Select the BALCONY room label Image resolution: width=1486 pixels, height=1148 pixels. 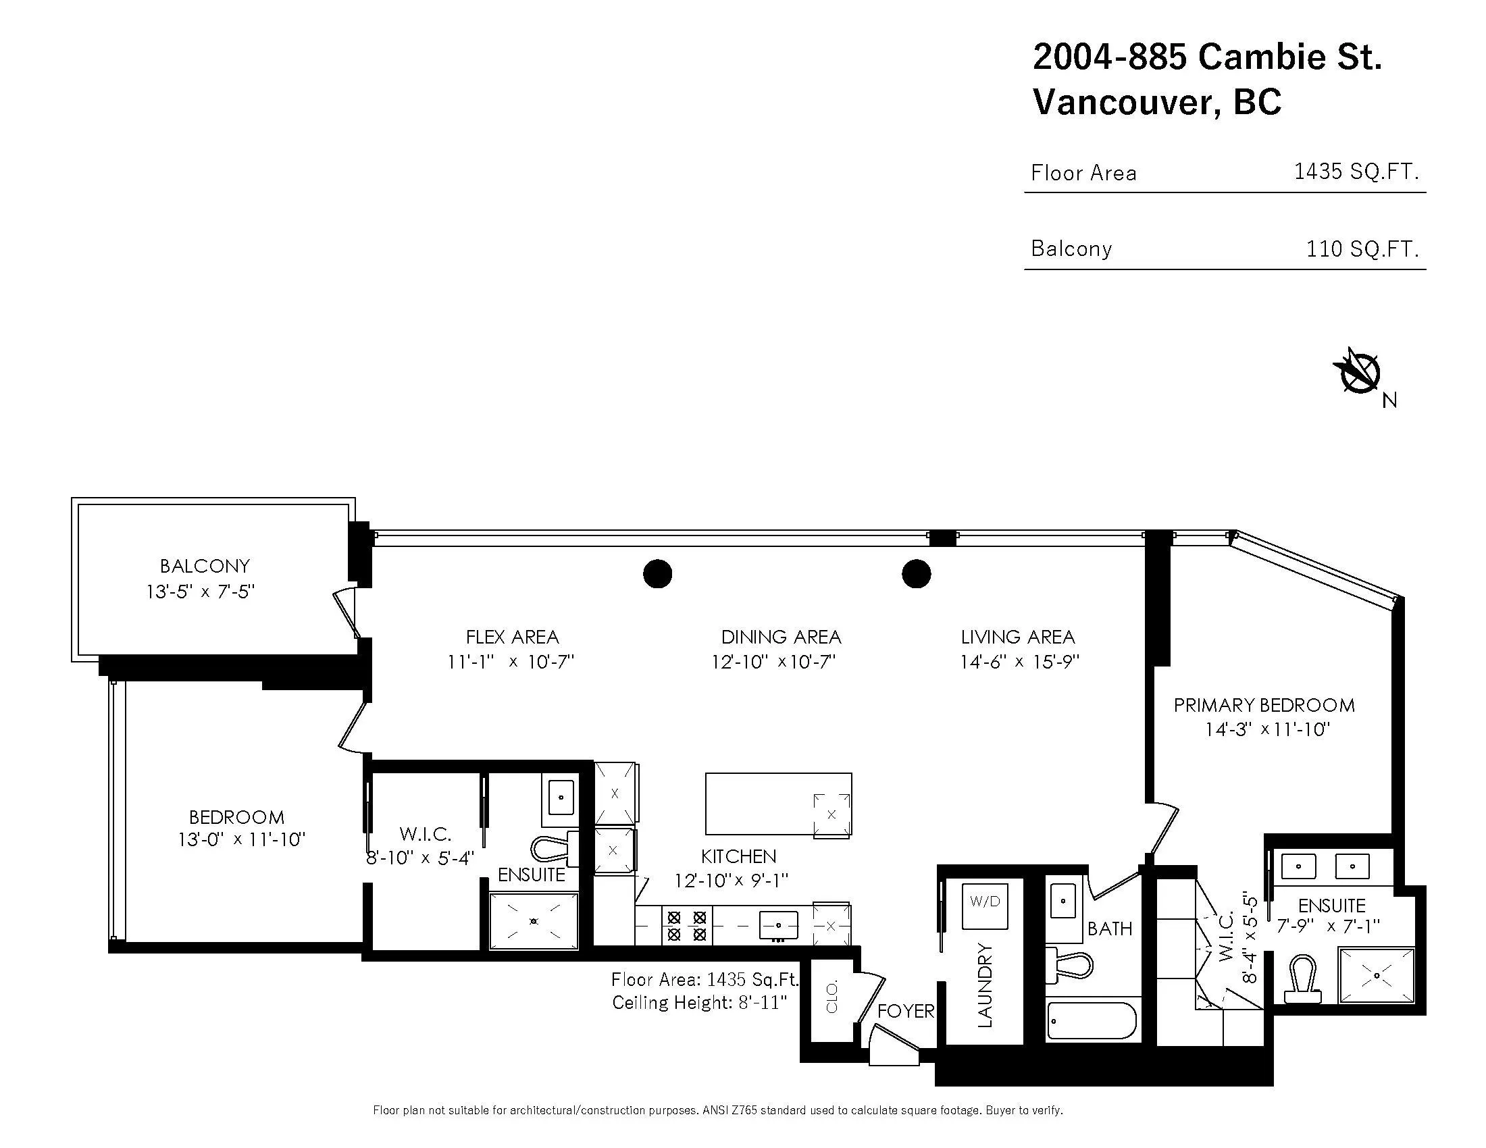pyautogui.click(x=204, y=566)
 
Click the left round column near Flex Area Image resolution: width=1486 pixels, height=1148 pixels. pyautogui.click(x=657, y=573)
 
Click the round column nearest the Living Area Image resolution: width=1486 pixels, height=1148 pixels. pyautogui.click(x=916, y=573)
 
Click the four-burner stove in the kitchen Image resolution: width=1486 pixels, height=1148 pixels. pyautogui.click(x=686, y=926)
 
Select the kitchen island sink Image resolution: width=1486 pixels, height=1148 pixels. pyautogui.click(x=831, y=815)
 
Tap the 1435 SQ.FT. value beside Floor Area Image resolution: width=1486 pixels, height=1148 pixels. pyautogui.click(x=1356, y=172)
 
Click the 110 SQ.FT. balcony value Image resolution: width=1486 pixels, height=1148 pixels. pyautogui.click(x=1362, y=249)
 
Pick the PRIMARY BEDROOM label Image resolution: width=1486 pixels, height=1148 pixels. pyautogui.click(x=1264, y=705)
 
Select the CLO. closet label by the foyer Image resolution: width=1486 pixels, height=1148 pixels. pyautogui.click(x=831, y=997)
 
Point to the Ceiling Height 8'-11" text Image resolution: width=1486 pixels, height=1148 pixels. pyautogui.click(x=699, y=1002)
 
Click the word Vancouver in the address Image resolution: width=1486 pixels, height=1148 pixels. pyautogui.click(x=1122, y=102)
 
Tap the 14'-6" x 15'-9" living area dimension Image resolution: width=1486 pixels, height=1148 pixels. pyautogui.click(x=1019, y=661)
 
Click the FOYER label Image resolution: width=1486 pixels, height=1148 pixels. pyautogui.click(x=905, y=1012)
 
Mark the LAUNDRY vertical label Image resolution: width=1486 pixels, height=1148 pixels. pyautogui.click(x=985, y=985)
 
